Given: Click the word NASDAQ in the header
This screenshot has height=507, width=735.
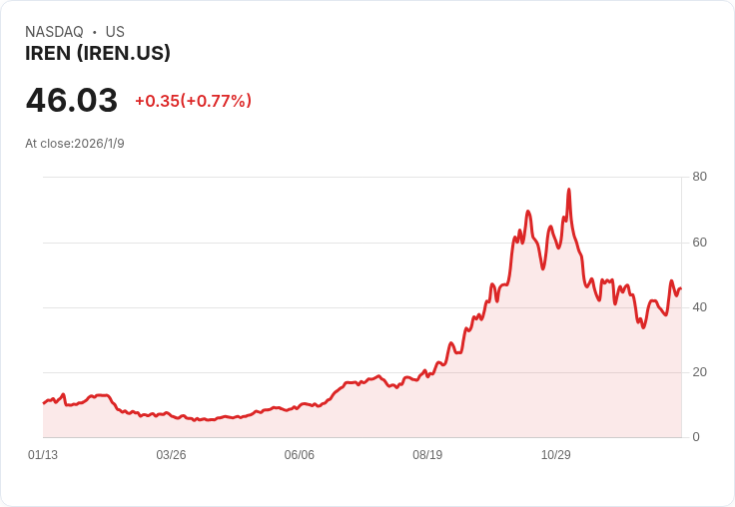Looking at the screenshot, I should (x=54, y=32).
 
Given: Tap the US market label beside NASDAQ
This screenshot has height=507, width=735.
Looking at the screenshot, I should (x=115, y=32).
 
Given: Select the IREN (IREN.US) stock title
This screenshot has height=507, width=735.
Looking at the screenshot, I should (x=98, y=54).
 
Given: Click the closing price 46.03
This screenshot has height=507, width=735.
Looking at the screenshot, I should (x=72, y=100).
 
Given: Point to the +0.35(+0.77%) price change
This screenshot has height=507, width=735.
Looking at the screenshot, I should (x=193, y=101).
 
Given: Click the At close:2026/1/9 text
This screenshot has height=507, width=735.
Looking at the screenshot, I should (x=75, y=144).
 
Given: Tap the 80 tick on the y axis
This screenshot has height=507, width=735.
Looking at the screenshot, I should (x=699, y=177).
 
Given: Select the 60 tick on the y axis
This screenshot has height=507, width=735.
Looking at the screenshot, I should (x=699, y=242).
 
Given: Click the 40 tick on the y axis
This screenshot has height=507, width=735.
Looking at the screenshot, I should (x=699, y=306).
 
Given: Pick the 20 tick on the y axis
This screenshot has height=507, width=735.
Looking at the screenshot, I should (x=699, y=371).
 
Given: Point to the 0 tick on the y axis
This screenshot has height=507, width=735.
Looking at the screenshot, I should (x=696, y=436).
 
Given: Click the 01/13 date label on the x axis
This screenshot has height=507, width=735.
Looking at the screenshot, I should (x=43, y=455).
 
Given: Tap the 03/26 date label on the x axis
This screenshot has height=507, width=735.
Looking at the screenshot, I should (x=171, y=455).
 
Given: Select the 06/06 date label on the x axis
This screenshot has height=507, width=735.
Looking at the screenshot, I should (x=299, y=455).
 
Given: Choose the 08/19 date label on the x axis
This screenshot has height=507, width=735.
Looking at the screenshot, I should (x=427, y=455).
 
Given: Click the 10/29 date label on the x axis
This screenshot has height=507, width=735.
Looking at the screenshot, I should (x=555, y=455).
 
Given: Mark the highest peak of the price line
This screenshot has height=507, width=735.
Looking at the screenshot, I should (x=568, y=190).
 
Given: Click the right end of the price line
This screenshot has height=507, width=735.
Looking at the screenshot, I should (x=680, y=289).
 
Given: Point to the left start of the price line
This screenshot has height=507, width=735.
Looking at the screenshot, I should (x=44, y=402).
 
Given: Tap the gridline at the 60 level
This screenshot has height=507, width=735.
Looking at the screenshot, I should (x=300, y=243).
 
